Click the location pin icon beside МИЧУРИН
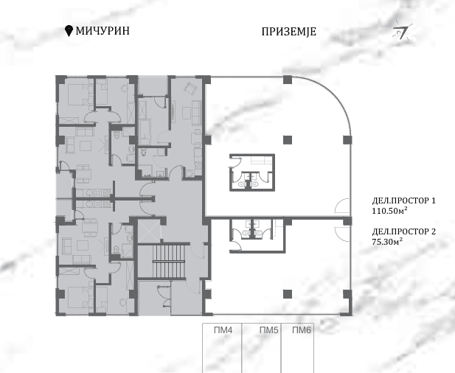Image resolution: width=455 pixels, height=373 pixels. (x=70, y=30)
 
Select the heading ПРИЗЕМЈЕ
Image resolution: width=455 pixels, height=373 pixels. (x=289, y=32)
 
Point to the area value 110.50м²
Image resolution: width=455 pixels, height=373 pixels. (x=394, y=212)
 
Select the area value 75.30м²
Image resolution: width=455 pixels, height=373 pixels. (x=392, y=242)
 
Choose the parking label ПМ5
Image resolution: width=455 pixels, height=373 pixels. (x=268, y=331)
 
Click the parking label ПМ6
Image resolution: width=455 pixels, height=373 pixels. (x=302, y=331)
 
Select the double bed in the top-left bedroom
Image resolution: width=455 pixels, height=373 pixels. (x=74, y=95)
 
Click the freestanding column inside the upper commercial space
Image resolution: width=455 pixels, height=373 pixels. (x=288, y=139)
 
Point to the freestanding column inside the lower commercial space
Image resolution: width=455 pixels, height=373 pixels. (x=288, y=293)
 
